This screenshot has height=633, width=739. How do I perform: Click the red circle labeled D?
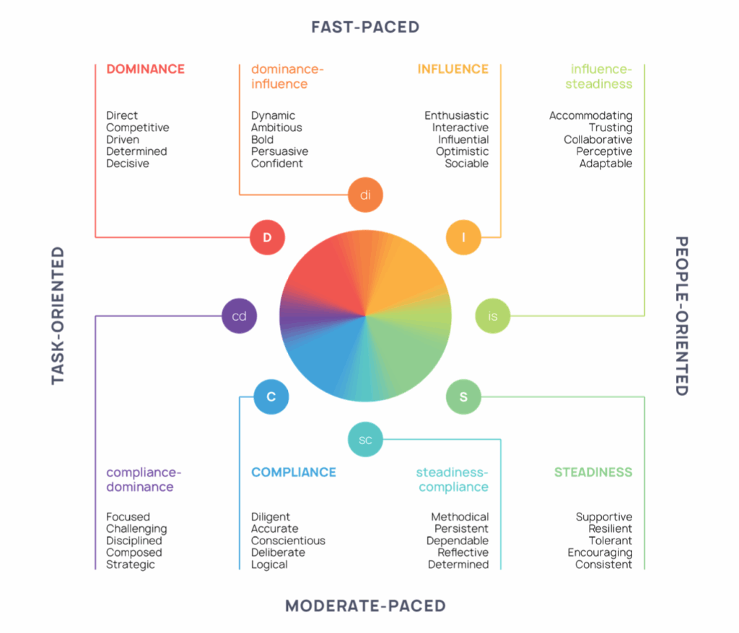267,237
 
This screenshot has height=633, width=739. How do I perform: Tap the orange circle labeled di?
365,194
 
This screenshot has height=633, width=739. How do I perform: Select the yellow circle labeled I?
463,237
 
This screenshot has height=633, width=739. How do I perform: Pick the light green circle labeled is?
493,316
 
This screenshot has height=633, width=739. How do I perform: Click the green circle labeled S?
463,397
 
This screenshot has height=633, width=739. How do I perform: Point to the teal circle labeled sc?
365,440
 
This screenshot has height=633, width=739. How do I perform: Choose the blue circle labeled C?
271,397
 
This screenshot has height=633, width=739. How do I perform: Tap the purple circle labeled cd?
239,316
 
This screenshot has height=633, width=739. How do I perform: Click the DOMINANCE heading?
145,69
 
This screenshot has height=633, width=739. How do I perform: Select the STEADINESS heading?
593,472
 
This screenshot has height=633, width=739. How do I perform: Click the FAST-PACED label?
365,27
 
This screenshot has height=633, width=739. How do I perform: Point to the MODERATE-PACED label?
365,606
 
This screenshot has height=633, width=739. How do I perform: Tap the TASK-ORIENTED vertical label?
58,316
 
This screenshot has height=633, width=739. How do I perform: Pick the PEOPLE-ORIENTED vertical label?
681,316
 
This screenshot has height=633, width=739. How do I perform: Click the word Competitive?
138,128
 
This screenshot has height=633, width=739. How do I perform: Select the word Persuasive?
279,151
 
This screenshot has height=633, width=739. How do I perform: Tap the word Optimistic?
462,151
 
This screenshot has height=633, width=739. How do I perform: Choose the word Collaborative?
598,139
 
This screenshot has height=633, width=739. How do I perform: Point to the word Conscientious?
288,541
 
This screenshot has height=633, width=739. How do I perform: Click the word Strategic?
131,565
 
